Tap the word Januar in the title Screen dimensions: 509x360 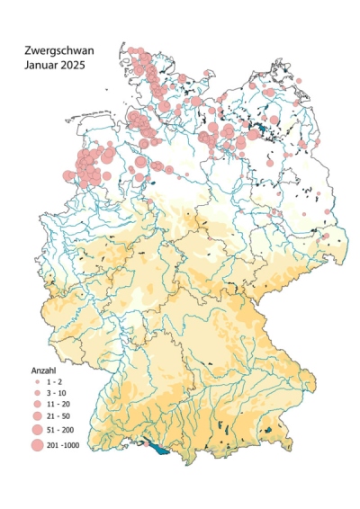point(42,67)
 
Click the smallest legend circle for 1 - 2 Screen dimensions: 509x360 point(37,381)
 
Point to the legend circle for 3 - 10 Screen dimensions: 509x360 point(37,393)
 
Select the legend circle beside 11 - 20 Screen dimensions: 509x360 point(37,405)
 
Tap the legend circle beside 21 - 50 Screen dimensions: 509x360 point(37,417)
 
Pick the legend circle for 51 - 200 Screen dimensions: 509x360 point(37,430)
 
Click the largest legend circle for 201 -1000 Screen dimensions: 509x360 point(37,444)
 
